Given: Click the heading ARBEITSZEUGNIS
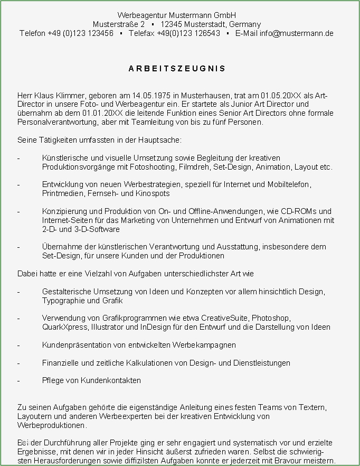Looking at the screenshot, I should tap(177, 69).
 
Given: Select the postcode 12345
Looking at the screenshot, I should tap(172, 24).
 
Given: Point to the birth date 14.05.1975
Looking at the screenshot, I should tap(151, 96).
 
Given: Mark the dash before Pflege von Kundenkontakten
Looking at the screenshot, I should tap(19, 380).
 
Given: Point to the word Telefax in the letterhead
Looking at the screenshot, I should tap(142, 33).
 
